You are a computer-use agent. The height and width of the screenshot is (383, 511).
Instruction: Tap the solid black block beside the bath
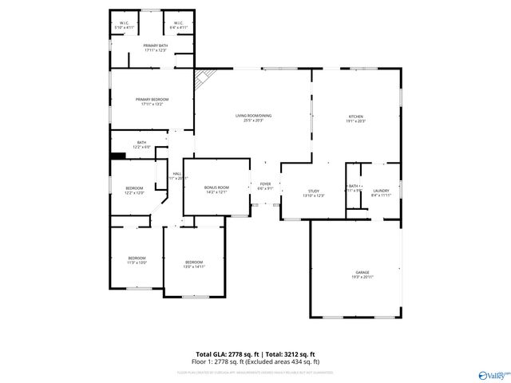pos(119,156)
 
